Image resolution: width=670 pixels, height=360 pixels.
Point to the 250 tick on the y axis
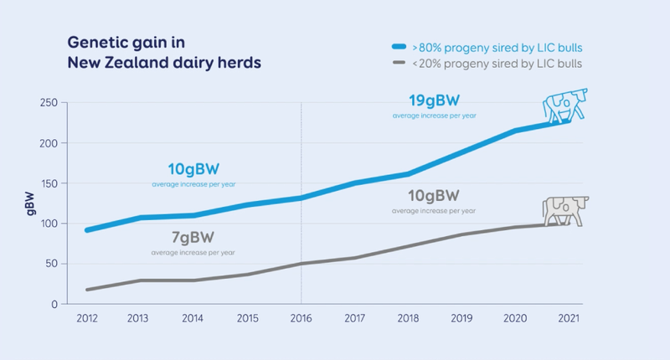tap(49, 103)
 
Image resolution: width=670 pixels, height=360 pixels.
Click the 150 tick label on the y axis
tap(49, 183)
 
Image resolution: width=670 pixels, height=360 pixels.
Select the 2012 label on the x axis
tap(88, 319)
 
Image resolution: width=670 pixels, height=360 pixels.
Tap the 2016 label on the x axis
tap(301, 319)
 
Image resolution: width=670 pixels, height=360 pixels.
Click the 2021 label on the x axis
tap(569, 319)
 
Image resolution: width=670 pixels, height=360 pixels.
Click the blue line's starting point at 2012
tap(88, 229)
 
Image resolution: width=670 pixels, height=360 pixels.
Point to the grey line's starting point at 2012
tap(88, 290)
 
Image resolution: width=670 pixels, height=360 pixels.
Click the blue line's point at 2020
tap(515, 131)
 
